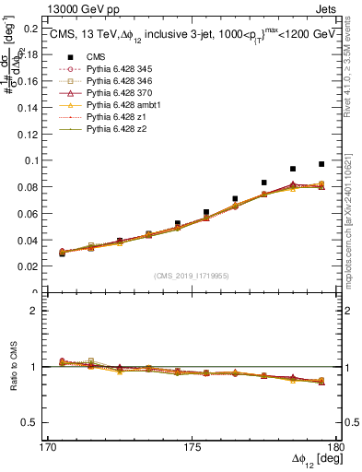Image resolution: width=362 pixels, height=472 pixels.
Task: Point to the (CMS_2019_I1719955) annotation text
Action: [x=193, y=276]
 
